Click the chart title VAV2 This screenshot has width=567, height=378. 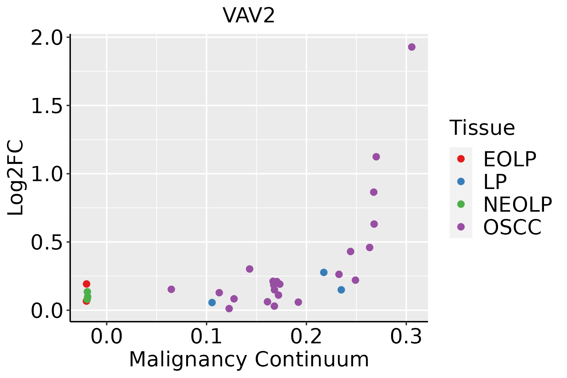coord(249,16)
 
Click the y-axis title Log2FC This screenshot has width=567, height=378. coord(16,178)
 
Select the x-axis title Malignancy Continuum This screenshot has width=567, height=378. coord(249,359)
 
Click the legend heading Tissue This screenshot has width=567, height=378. coord(482,128)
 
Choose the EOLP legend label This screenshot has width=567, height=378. coord(510,159)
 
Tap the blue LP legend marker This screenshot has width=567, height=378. coord(461,181)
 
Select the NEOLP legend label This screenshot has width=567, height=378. coord(518,205)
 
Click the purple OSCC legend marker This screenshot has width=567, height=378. coord(461,227)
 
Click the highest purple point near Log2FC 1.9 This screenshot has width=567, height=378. coord(412,47)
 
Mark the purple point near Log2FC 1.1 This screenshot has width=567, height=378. coord(376,157)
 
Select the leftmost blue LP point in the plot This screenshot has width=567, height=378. coord(212,302)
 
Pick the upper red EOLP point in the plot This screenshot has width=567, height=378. coord(87,284)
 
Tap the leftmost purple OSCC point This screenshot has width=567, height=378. coord(171,289)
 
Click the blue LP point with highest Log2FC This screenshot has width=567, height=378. coord(324,272)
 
